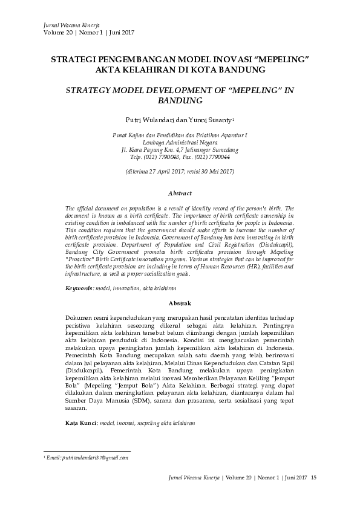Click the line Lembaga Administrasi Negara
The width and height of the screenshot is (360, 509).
[180, 142]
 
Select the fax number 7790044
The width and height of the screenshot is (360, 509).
[218, 157]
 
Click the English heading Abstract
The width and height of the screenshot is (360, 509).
[180, 193]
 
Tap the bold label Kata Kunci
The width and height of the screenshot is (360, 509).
[80, 424]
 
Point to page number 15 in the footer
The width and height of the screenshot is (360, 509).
[313, 479]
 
